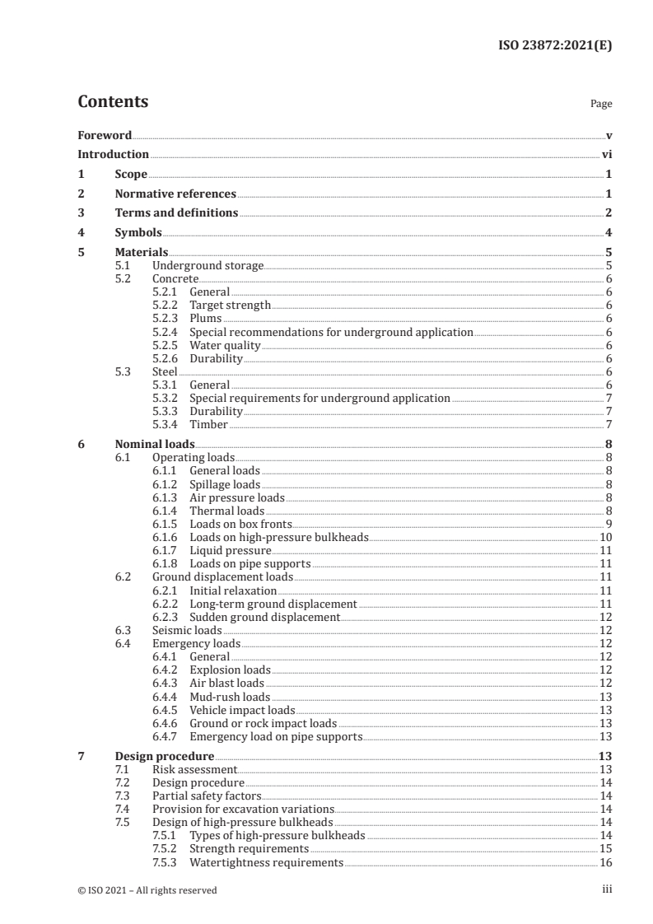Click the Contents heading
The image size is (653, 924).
(113, 102)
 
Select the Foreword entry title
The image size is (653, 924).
(105, 135)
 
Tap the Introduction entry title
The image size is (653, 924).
(113, 154)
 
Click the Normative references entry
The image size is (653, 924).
(175, 194)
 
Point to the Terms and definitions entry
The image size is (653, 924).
(176, 213)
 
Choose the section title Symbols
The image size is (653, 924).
(138, 233)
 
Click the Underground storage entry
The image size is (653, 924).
(208, 266)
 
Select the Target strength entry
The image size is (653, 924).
(230, 306)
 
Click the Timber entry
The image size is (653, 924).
(208, 424)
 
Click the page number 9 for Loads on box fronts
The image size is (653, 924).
(608, 524)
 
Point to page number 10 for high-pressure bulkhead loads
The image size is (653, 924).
(604, 537)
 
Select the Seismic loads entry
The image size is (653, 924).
(187, 630)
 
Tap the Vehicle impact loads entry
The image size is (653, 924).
(242, 709)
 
